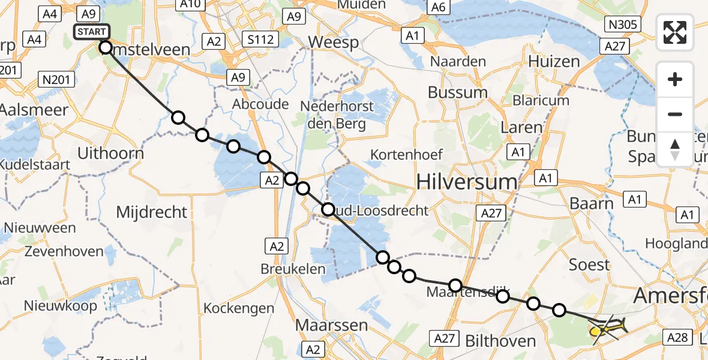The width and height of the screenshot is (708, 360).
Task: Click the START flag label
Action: pyautogui.click(x=91, y=32)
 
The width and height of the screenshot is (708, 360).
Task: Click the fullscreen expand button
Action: pyautogui.click(x=675, y=32)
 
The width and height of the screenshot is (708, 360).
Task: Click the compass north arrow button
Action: pyautogui.click(x=675, y=149)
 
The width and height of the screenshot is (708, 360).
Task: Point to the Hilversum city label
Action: pyautogui.click(x=466, y=181)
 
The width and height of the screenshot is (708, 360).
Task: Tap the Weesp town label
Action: pyautogui.click(x=333, y=43)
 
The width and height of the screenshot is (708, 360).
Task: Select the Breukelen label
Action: pyautogui.click(x=293, y=269)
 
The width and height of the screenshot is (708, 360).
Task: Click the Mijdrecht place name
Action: pyautogui.click(x=152, y=211)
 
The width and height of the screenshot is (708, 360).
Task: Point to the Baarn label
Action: pyautogui.click(x=592, y=203)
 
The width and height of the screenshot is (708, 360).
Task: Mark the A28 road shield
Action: pyautogui.click(x=677, y=337)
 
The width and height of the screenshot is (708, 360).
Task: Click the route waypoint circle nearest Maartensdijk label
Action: pyautogui.click(x=455, y=286)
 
